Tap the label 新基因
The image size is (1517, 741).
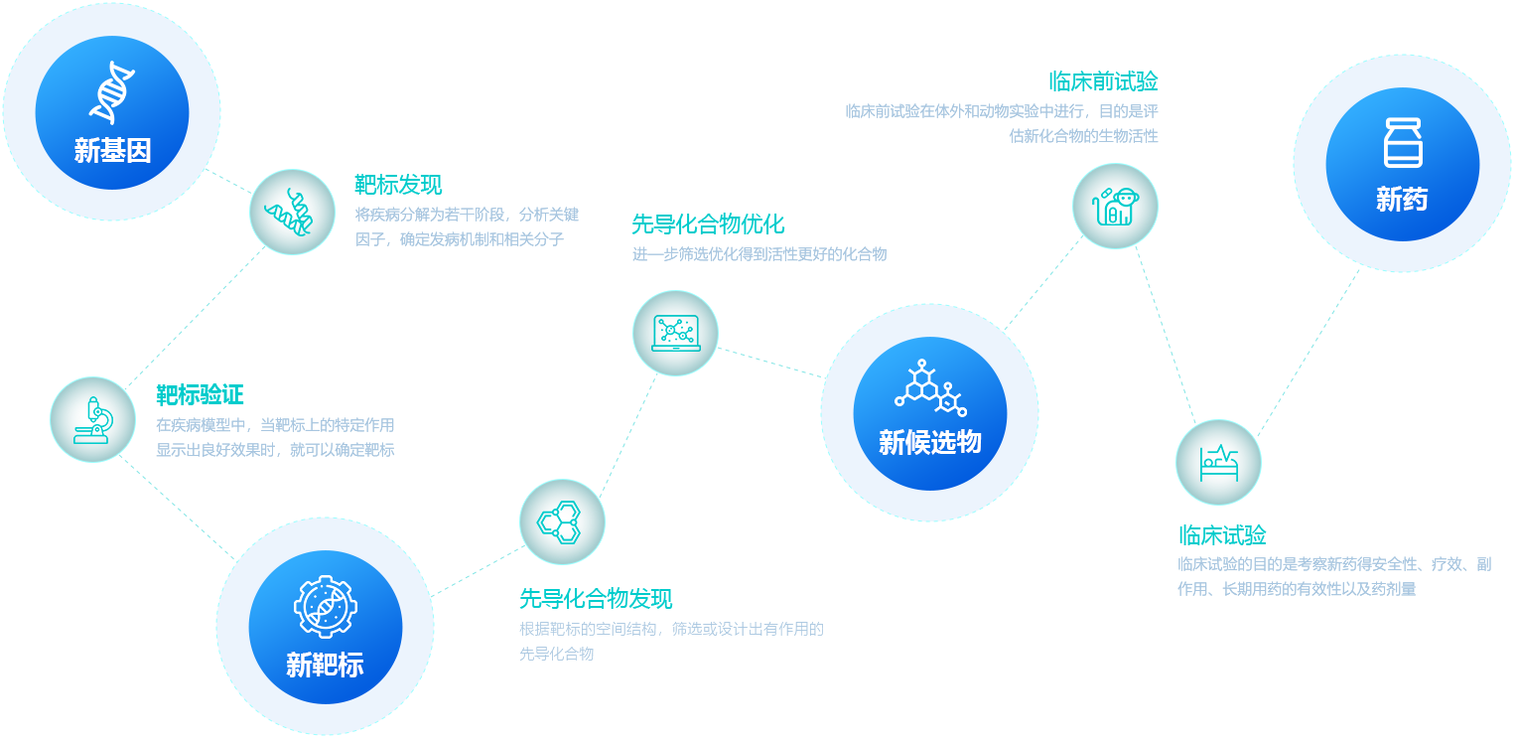click(112, 151)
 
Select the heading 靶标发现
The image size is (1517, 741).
click(398, 185)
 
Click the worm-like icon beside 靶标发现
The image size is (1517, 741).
click(292, 212)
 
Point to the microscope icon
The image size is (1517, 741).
click(92, 419)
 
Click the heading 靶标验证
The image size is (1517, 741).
click(201, 395)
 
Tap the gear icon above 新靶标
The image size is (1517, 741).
click(325, 606)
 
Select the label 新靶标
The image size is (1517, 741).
click(325, 665)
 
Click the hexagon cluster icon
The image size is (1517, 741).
click(562, 521)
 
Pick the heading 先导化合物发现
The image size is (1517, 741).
click(597, 598)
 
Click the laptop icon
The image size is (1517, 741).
click(675, 333)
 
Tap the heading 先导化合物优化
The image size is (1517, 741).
click(708, 223)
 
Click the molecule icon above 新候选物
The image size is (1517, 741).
click(930, 388)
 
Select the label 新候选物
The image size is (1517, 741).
click(930, 442)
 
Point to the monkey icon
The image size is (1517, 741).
click(1115, 206)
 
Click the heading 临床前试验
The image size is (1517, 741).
click(1103, 81)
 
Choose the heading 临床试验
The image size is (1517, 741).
click(1222, 535)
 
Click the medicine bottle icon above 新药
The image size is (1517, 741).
click(1403, 142)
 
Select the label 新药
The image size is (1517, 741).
click(1402, 200)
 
